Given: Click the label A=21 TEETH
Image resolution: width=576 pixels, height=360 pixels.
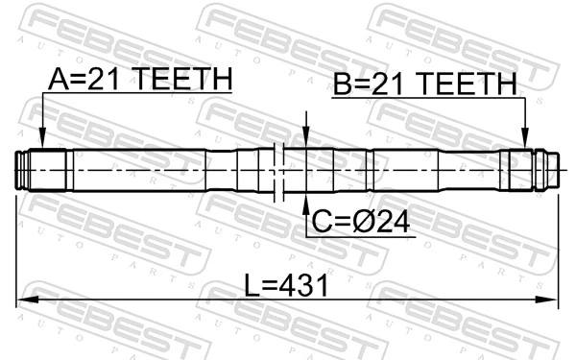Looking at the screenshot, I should [138, 80].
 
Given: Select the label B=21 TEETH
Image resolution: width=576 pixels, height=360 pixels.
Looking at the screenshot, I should [424, 85].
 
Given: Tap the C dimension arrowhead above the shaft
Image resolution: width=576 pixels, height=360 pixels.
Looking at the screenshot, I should [305, 139].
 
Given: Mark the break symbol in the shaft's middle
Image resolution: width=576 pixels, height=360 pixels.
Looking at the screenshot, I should [279, 170].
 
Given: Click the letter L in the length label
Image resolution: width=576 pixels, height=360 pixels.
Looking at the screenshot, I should [248, 285].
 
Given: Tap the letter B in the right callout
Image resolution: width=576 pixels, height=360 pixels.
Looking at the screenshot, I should [341, 85].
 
